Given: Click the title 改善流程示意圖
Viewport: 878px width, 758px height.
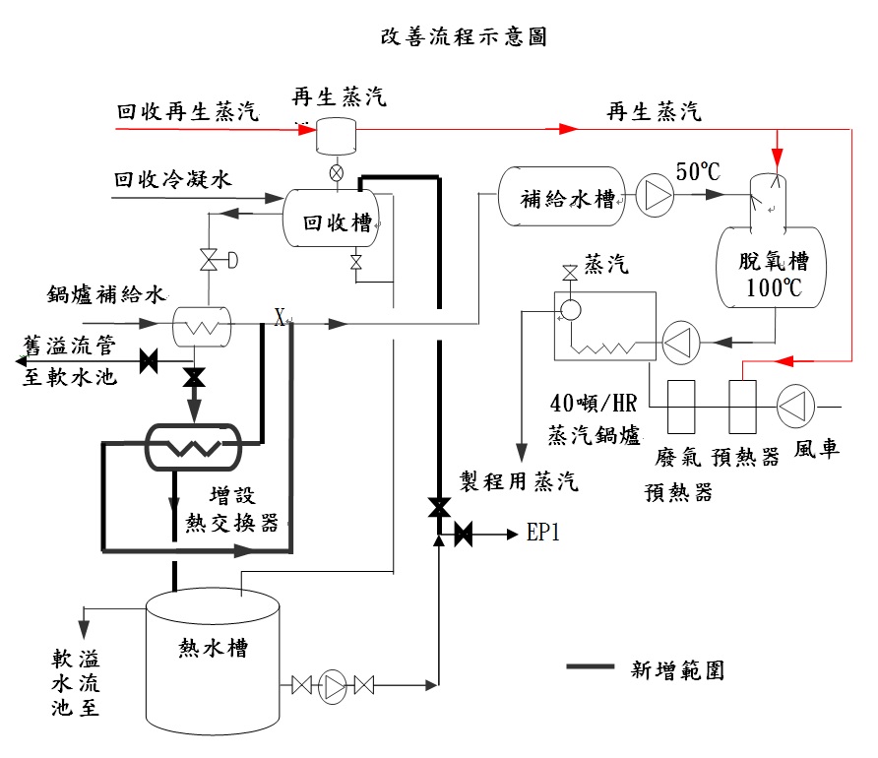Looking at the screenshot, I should (464, 38).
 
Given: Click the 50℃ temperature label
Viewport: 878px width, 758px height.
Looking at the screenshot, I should (697, 171).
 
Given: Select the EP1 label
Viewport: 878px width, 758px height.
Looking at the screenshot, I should (544, 535).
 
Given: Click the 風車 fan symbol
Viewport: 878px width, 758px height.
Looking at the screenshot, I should (793, 405).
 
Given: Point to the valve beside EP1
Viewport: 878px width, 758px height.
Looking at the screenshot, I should (463, 536).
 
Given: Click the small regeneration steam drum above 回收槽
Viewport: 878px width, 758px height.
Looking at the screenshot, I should (336, 135).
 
